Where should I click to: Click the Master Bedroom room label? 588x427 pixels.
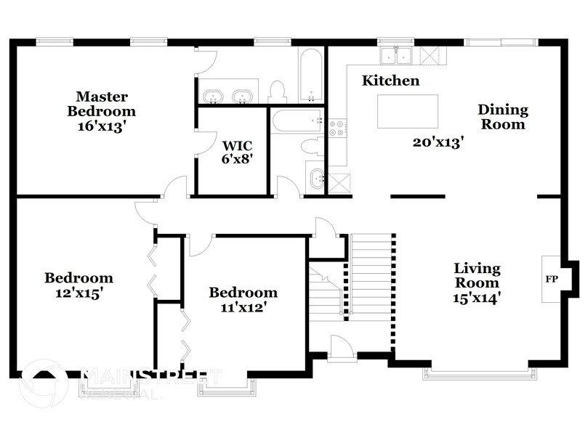coord(102,104)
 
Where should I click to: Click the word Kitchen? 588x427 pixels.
coord(391,81)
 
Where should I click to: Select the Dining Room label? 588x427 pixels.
coord(502,117)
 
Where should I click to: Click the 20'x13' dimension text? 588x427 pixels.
coord(438,143)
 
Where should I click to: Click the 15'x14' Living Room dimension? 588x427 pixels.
coord(477,297)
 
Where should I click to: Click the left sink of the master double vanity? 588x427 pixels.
coord(214,96)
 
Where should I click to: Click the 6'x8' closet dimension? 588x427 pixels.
coord(236,159)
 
